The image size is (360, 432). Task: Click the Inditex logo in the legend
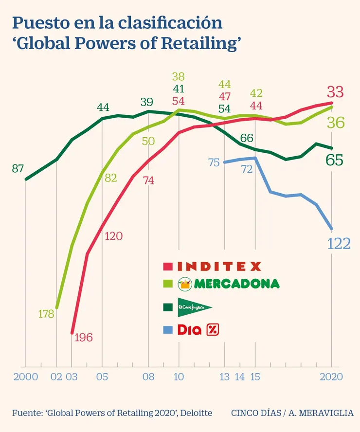pyautogui.click(x=219, y=266)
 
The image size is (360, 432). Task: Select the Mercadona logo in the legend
pyautogui.click(x=229, y=283)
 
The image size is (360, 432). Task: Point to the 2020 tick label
pyautogui.click(x=331, y=377)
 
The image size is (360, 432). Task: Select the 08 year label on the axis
pyautogui.click(x=148, y=377)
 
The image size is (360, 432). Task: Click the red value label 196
pyautogui.click(x=83, y=337)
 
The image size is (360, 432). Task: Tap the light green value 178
pyautogui.click(x=46, y=314)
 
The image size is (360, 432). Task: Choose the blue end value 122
pyautogui.click(x=339, y=244)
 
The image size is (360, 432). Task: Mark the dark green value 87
pyautogui.click(x=18, y=169)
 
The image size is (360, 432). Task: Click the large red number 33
pyautogui.click(x=335, y=91)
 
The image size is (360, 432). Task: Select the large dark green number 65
pyautogui.click(x=335, y=160)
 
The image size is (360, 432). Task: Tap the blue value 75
pyautogui.click(x=214, y=163)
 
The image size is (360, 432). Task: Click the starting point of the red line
pyautogui.click(x=72, y=333)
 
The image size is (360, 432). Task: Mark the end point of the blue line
pyautogui.click(x=332, y=229)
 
